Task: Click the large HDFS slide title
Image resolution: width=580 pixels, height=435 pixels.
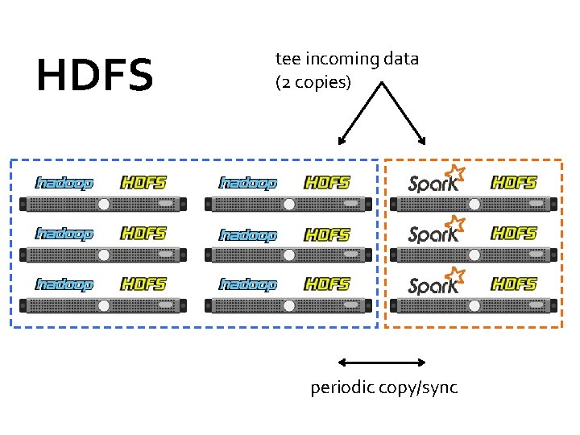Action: pos(94,75)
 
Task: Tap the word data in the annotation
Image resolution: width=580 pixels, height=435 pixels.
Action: pos(401,59)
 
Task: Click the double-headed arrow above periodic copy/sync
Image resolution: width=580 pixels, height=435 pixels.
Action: pos(382,362)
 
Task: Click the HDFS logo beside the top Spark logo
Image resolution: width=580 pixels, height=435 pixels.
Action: pos(514,183)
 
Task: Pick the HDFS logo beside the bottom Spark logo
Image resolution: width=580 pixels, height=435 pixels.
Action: pos(514,284)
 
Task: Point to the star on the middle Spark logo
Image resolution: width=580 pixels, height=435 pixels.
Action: pos(457,222)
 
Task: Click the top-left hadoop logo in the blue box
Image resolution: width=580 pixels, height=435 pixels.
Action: pos(64,183)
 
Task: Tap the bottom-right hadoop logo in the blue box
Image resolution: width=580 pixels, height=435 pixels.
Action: pos(248,284)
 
